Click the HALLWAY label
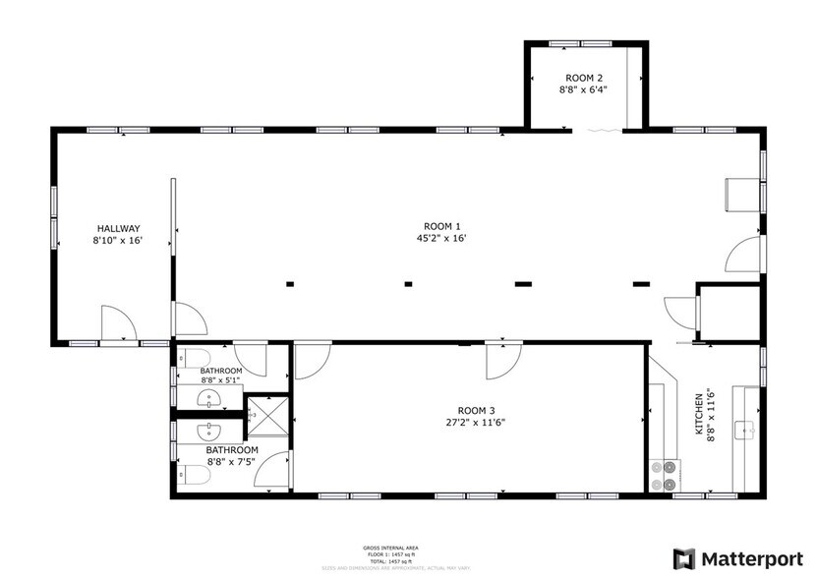[117, 228]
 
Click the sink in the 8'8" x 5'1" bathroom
[209, 398]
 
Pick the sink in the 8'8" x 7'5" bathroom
[209, 432]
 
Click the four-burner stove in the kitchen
[666, 475]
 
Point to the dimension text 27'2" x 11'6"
[477, 423]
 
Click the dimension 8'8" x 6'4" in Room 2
[584, 89]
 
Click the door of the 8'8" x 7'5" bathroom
[273, 469]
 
